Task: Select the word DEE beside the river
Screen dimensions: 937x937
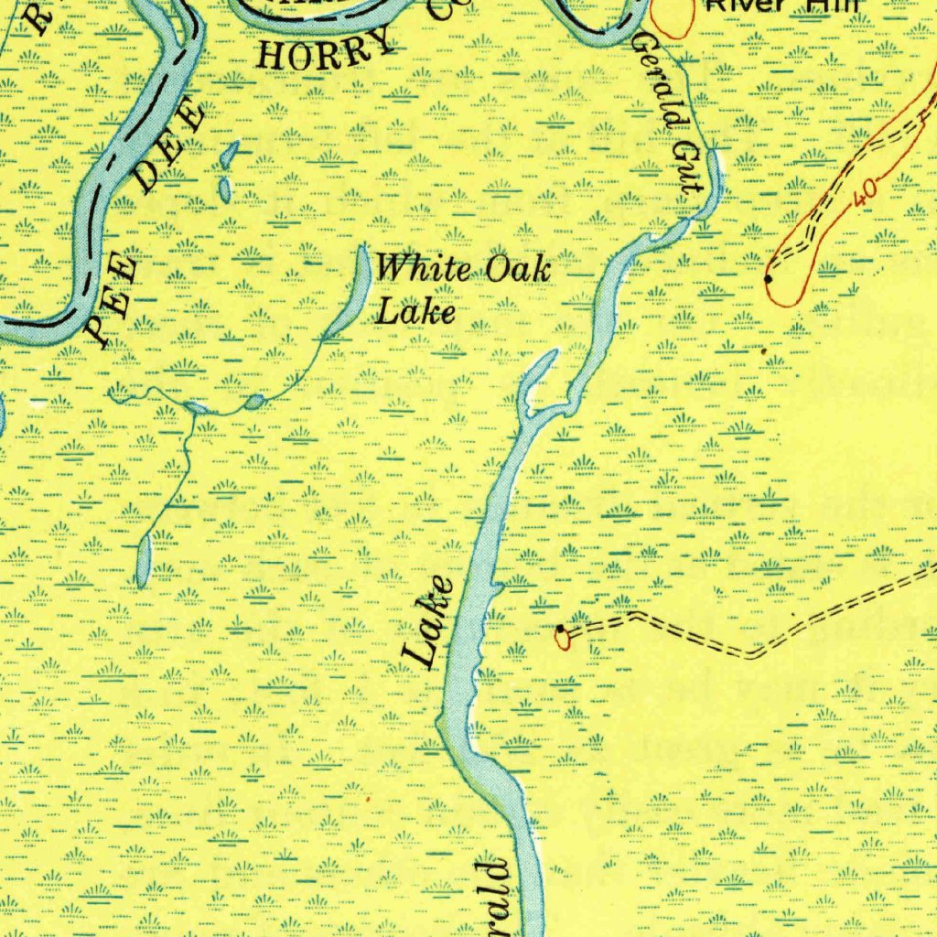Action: pos(171,146)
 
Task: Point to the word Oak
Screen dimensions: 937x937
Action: pos(517,269)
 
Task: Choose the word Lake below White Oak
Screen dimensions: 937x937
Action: pos(416,312)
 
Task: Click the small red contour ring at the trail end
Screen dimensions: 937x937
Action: pos(562,638)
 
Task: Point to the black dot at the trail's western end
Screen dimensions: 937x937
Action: pos(560,629)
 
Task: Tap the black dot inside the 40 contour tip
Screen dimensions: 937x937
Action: pos(768,277)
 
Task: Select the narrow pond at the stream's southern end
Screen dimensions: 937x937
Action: pos(143,560)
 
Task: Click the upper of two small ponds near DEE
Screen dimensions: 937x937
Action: pos(229,154)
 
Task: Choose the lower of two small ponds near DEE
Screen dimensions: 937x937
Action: pos(224,189)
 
